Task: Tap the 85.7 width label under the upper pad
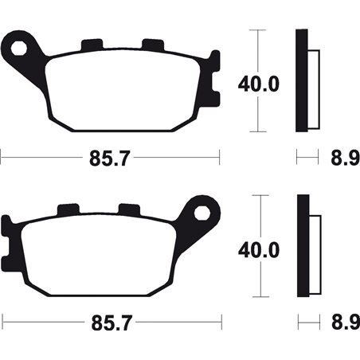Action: (108, 157)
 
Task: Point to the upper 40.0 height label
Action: (256, 83)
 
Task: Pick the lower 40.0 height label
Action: (256, 250)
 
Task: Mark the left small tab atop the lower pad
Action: (68, 210)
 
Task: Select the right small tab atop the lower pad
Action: (127, 210)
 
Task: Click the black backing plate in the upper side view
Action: (301, 80)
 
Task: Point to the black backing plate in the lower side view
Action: (302, 247)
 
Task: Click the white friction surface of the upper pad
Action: (119, 88)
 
